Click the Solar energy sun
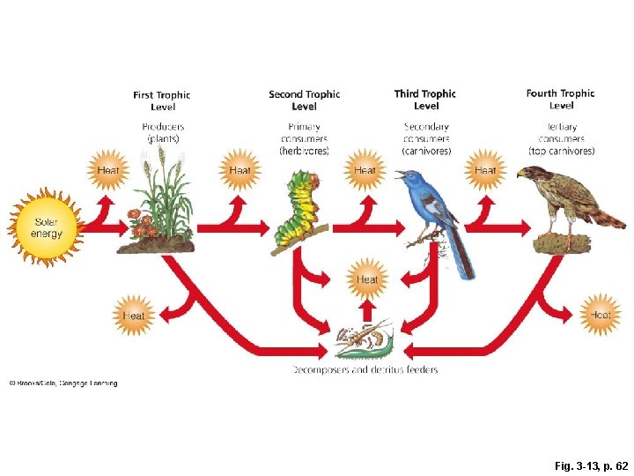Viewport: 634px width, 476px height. coord(47,227)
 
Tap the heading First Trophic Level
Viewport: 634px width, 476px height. coord(162,100)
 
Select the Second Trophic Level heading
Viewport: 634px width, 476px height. coord(304,100)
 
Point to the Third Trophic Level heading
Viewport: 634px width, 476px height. coord(425,100)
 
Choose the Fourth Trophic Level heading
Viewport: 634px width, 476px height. coord(560,99)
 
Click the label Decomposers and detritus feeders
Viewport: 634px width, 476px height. coord(365,370)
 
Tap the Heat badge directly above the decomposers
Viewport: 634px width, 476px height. coord(367,279)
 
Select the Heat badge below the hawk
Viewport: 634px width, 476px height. coord(601,314)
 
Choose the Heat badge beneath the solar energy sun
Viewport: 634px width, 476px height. coord(134,315)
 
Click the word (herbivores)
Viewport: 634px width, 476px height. coord(304,151)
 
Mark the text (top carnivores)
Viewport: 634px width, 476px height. coord(561,151)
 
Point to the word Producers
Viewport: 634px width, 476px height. coord(163,127)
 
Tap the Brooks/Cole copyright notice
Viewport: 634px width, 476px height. coord(63,383)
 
